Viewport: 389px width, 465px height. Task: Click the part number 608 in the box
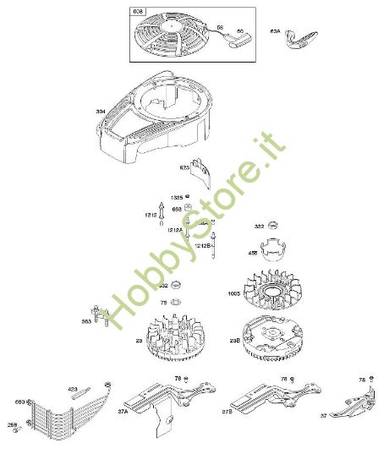(x=138, y=12)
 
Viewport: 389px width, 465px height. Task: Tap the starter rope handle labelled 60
(x=227, y=37)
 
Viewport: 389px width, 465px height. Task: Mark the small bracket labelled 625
(x=198, y=171)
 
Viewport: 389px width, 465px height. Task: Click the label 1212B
(x=203, y=245)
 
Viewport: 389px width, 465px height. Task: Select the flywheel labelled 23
(x=173, y=338)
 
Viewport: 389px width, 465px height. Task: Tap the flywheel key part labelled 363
(x=102, y=317)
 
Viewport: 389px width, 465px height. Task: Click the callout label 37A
(x=122, y=412)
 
